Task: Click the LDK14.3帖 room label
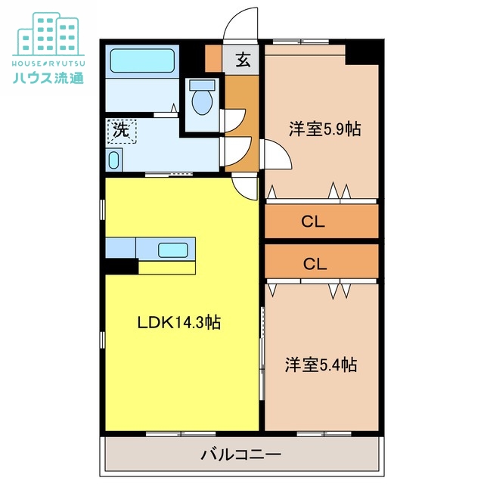(178, 323)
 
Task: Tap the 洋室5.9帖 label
(324, 129)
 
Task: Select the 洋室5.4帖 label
(321, 365)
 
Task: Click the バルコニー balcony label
(241, 455)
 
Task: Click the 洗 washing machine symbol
(122, 129)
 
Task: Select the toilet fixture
(201, 98)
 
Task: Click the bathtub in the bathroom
(142, 60)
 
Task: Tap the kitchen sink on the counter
(174, 249)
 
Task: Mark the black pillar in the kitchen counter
(121, 266)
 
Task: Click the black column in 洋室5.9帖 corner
(361, 53)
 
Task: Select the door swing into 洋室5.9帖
(274, 155)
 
